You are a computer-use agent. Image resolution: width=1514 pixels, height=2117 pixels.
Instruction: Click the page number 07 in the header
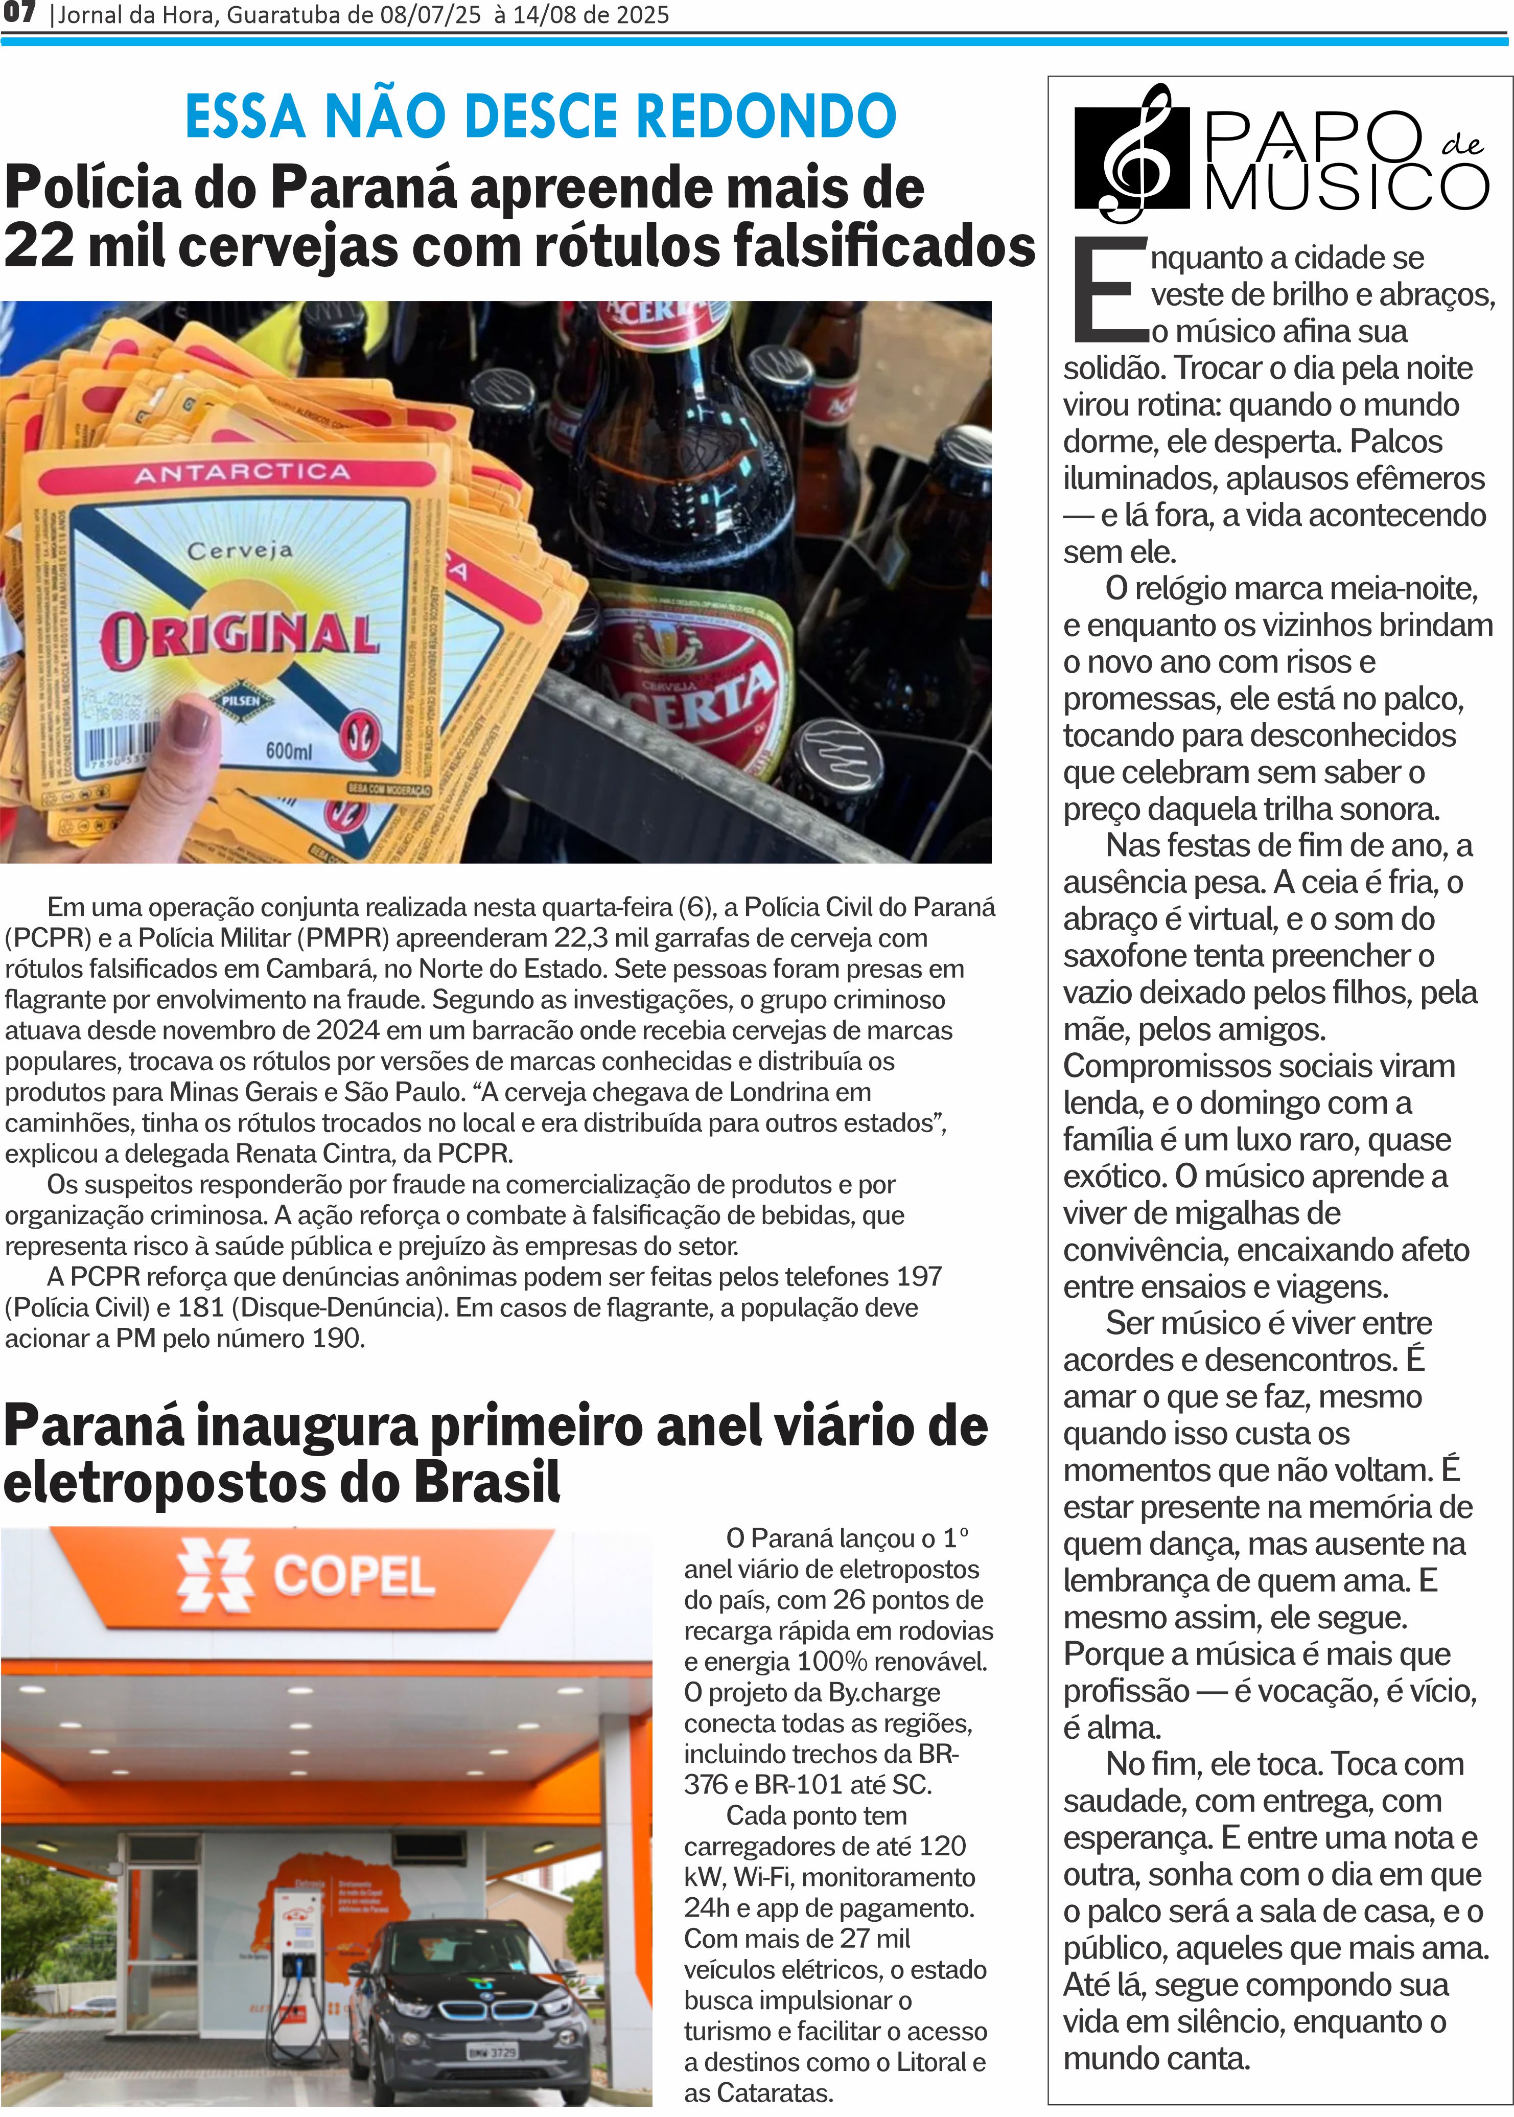tap(18, 13)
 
